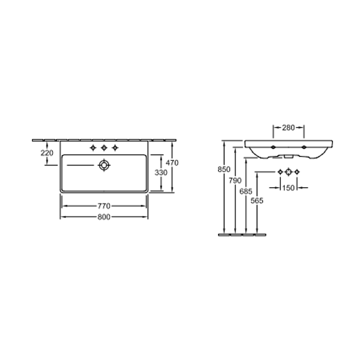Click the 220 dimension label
(47, 153)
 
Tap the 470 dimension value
(172, 163)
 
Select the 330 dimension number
(161, 172)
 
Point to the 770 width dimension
(104, 206)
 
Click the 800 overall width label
(104, 217)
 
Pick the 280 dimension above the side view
(289, 128)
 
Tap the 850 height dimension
(224, 169)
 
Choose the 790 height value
(235, 181)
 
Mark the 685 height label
(246, 191)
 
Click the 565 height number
(257, 201)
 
